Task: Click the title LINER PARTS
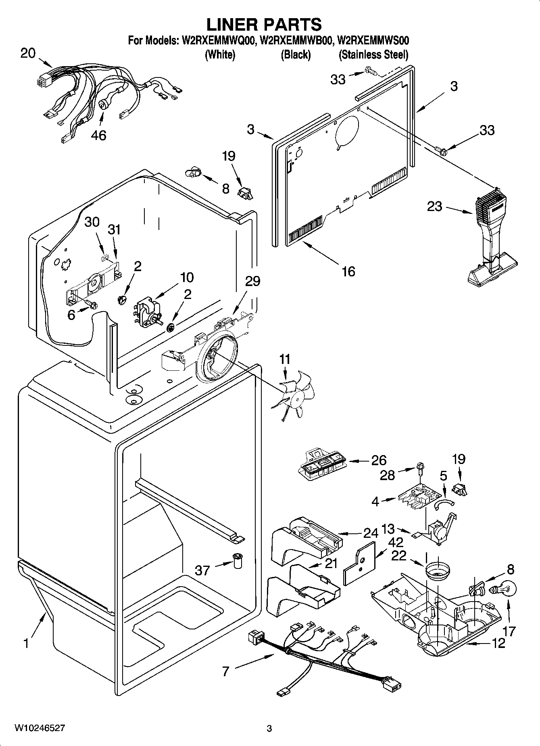tap(264, 24)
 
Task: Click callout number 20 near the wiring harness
tap(28, 53)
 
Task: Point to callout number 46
tap(98, 135)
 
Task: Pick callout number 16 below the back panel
tap(348, 271)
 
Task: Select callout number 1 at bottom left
tap(26, 643)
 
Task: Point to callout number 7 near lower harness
tap(225, 671)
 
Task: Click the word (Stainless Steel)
tap(373, 54)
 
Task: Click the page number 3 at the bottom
tap(269, 728)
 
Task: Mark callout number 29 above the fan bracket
tap(252, 281)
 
